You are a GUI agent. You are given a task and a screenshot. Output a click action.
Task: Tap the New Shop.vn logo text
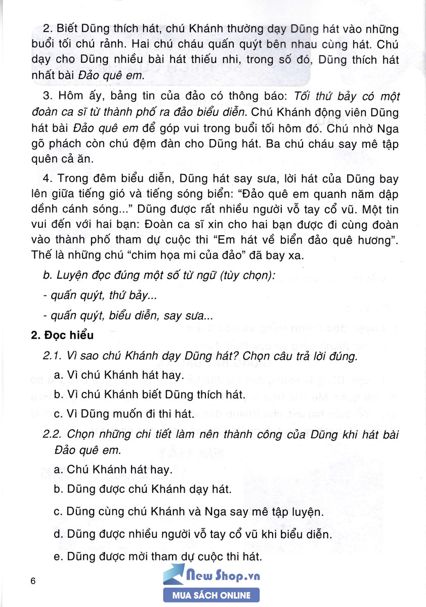[223, 576]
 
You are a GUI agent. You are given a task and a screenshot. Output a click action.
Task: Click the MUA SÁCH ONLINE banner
[211, 595]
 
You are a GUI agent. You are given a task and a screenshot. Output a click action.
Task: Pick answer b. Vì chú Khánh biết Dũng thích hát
[137, 394]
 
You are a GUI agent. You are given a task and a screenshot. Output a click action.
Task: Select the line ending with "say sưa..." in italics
[129, 316]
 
